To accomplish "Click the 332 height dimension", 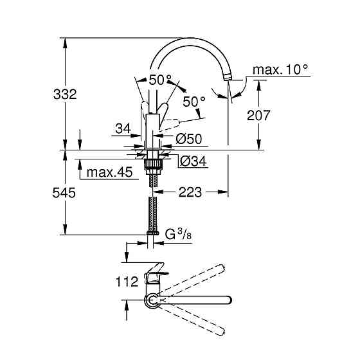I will point(65,94).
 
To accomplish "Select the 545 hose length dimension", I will point(65,193).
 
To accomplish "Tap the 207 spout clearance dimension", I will point(258,116).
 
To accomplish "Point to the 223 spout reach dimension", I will point(191,192).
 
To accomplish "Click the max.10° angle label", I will point(280,69).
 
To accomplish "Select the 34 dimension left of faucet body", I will point(123,129).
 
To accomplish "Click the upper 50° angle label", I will point(160,80).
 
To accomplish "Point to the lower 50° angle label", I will point(194,102).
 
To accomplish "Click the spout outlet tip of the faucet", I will point(226,76).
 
